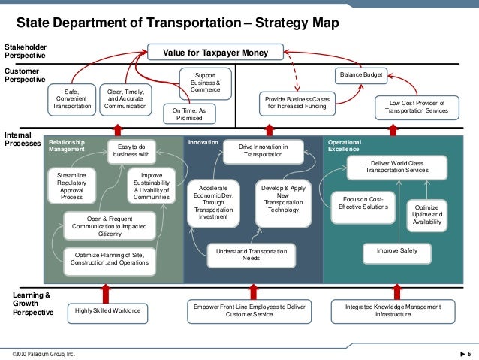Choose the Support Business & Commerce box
pos(205,83)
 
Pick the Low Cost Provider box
pos(416,106)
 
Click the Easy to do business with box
pos(131,151)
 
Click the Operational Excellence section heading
pos(344,145)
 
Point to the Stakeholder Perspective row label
pos(25,50)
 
